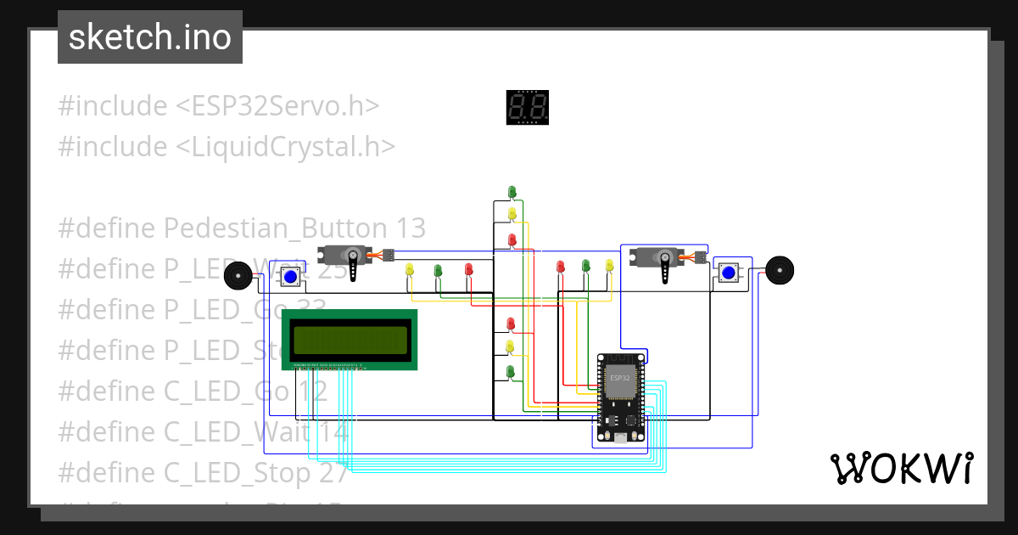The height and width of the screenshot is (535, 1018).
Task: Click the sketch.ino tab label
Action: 150,37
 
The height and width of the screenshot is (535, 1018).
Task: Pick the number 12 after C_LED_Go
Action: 311,391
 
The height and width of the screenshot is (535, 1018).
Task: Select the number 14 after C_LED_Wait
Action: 333,432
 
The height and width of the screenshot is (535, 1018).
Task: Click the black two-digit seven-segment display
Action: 528,108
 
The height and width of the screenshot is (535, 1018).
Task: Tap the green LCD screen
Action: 350,341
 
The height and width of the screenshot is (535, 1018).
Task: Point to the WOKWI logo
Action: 901,468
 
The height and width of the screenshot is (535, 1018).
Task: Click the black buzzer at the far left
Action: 238,275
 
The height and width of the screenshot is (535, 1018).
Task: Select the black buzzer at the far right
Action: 779,270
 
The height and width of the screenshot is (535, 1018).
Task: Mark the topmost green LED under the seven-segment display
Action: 512,192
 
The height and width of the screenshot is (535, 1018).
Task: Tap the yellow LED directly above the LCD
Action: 410,270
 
